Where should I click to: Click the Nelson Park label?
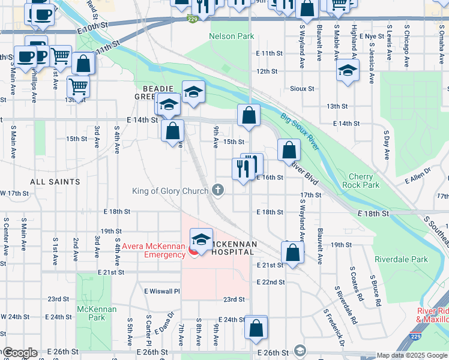click(231, 37)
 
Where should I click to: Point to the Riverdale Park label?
click(393, 260)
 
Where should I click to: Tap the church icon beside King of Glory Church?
click(218, 191)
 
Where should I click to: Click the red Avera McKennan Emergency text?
click(154, 250)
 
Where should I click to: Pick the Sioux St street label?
click(302, 89)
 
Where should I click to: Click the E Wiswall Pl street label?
click(161, 291)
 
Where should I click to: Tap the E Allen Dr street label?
click(419, 178)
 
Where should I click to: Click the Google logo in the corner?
click(19, 353)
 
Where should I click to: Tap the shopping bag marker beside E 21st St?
click(292, 252)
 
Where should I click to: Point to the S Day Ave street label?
click(387, 146)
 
